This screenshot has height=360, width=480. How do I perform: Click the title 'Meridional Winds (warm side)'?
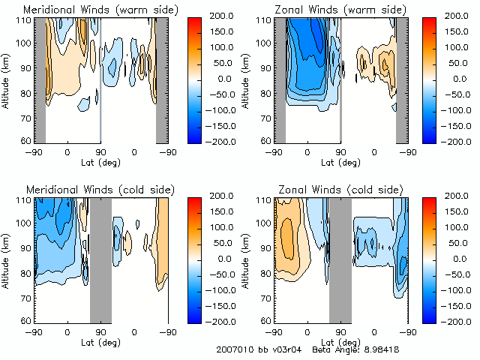click(x=101, y=9)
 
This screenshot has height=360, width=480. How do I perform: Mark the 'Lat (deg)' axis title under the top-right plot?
click(x=341, y=160)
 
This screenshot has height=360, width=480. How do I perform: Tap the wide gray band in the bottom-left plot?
click(x=100, y=259)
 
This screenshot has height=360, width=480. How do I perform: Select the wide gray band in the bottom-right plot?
click(x=340, y=259)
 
